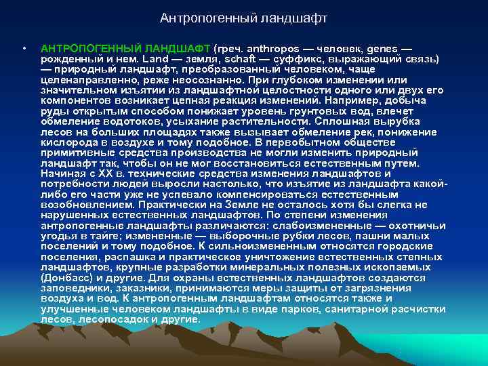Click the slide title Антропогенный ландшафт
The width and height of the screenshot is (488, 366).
point(243,17)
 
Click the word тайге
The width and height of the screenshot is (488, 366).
point(104,235)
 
